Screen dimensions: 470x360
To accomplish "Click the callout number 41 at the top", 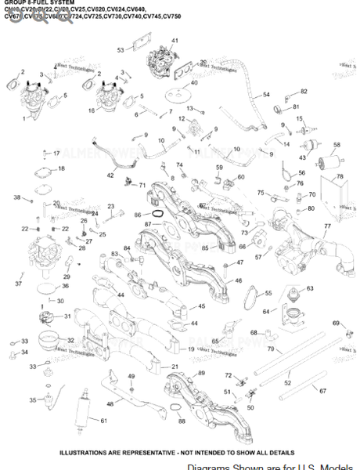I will coord(175,40).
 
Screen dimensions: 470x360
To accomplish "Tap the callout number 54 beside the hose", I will coord(266,95).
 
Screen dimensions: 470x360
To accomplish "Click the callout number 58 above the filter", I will coord(337,145).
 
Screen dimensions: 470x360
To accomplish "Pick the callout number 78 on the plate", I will coord(339,178).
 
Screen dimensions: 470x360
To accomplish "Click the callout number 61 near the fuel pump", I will coord(103,421).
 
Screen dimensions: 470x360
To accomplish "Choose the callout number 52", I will coord(287,382).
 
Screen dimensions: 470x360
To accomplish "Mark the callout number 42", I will coord(110,175).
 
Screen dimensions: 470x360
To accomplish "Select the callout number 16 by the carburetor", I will coord(92,111).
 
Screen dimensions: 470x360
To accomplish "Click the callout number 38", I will coord(17,197).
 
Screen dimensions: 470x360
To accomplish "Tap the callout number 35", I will coord(32,400).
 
